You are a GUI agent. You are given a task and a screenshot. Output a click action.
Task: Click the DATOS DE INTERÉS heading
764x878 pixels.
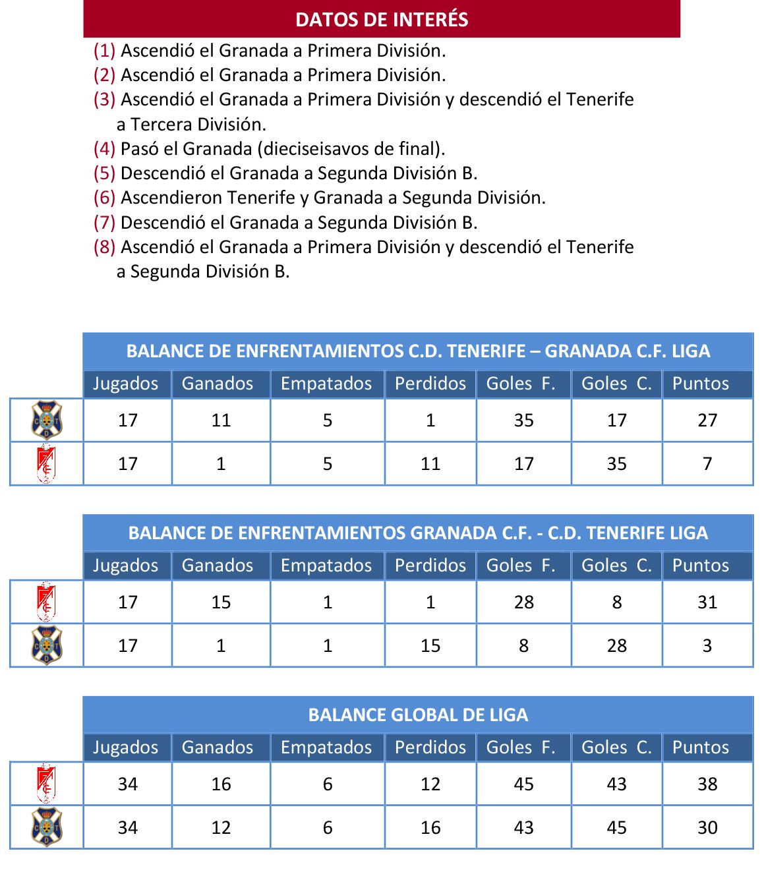[382, 19]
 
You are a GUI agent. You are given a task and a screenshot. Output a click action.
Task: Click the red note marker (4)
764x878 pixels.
[104, 149]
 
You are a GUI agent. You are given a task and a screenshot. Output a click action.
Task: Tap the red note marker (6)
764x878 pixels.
[104, 198]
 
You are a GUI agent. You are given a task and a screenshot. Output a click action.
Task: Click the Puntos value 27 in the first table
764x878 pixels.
[707, 421]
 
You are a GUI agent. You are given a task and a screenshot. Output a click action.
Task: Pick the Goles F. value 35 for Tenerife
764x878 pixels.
[523, 421]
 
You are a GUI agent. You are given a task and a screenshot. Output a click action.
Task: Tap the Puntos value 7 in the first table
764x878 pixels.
[707, 464]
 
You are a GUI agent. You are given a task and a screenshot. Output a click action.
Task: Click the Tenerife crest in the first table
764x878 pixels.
[47, 420]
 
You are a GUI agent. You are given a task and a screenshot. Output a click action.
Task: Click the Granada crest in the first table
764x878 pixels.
[46, 464]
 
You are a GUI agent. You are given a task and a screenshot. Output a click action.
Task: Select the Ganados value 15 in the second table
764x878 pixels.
[221, 602]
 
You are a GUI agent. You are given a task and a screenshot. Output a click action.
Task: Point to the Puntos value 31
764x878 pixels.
[707, 602]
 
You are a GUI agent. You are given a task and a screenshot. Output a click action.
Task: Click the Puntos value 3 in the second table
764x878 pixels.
[707, 646]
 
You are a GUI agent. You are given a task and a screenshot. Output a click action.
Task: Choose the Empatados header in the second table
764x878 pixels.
[326, 566]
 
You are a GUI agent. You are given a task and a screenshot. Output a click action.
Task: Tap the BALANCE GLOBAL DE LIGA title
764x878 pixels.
[418, 715]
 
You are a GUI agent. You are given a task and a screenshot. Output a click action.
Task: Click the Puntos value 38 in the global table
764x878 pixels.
[707, 784]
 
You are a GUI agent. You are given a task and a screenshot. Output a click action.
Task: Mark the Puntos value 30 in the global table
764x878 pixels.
[707, 828]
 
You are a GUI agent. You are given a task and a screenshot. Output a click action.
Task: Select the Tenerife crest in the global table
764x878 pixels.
[47, 827]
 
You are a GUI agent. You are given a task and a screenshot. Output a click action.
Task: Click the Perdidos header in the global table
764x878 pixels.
[430, 747]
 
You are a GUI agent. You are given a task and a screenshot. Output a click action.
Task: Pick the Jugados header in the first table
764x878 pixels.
[126, 384]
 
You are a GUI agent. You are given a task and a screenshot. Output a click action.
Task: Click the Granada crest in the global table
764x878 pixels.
[46, 784]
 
